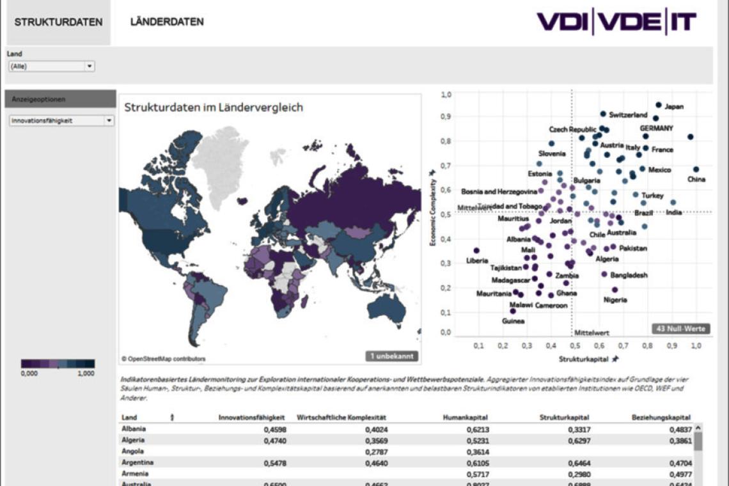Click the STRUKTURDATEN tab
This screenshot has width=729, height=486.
tap(58, 22)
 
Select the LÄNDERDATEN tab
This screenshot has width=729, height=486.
tap(167, 22)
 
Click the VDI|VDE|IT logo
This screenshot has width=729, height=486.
tap(616, 22)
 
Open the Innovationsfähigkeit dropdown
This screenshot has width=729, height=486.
tap(62, 120)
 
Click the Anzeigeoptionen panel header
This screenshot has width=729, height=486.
tap(60, 99)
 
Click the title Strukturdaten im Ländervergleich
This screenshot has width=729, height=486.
tap(214, 107)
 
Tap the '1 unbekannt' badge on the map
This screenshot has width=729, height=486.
tap(392, 356)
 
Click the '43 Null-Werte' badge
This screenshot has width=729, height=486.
tap(681, 329)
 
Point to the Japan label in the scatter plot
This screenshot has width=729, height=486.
tap(674, 107)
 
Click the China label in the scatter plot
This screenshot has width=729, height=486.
tap(696, 180)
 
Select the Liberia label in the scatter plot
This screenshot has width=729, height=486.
tap(477, 261)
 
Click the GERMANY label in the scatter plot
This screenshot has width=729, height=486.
tap(656, 129)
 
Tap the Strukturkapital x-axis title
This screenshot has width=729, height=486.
tap(583, 359)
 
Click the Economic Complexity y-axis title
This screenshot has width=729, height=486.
tap(433, 213)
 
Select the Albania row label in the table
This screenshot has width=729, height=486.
tap(133, 429)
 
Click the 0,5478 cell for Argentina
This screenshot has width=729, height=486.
tap(275, 462)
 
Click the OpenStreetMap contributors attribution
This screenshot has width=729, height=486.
tap(164, 359)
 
